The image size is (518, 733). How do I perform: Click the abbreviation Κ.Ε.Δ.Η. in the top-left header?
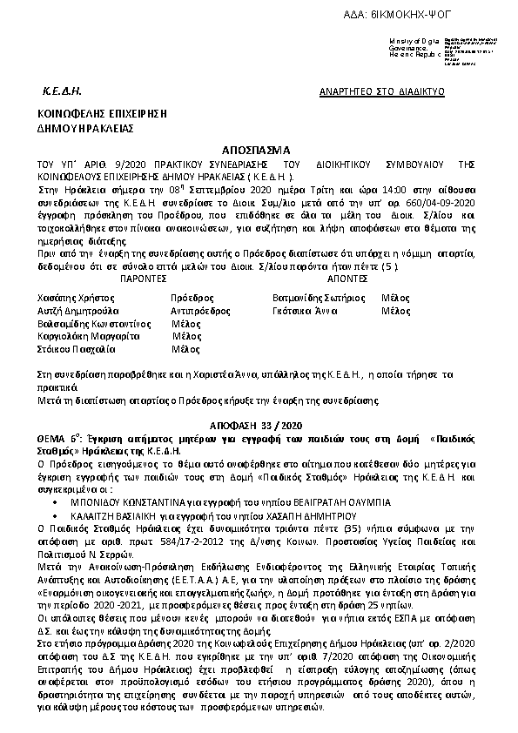point(61,91)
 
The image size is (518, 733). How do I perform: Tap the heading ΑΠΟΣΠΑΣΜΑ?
point(258,150)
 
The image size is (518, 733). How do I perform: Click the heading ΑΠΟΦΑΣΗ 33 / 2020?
point(259,419)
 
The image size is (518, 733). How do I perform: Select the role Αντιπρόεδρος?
point(198,310)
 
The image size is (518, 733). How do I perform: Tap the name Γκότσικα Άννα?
point(300,310)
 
